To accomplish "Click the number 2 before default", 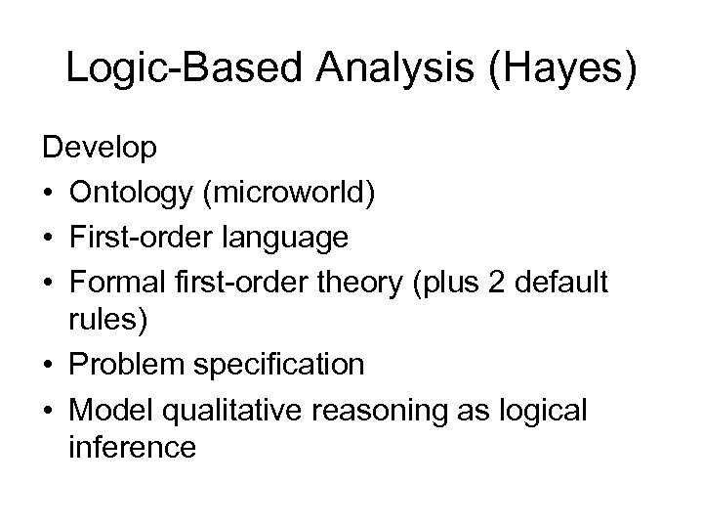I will [x=491, y=282].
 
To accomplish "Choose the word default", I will [x=555, y=282].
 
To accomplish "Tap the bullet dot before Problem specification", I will [x=48, y=364].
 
